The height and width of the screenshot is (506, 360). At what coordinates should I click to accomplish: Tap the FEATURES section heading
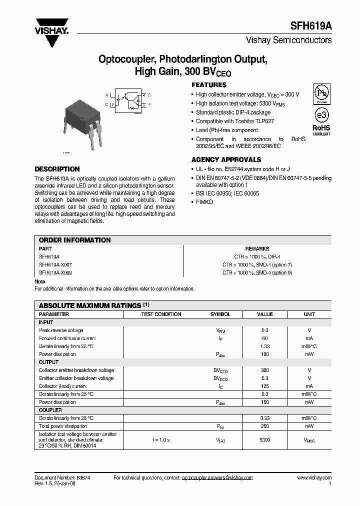point(209,85)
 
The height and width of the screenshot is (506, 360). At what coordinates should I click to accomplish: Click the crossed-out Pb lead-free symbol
point(321,94)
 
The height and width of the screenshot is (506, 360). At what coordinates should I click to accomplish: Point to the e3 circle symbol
point(321,115)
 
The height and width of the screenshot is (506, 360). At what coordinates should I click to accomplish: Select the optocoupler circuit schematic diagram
point(131,99)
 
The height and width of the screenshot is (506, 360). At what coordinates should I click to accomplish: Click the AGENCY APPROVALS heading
point(226,160)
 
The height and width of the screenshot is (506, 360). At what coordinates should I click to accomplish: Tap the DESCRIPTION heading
point(57,169)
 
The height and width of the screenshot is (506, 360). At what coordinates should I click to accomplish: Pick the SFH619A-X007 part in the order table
point(55,264)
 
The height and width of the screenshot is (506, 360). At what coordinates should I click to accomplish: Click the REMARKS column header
point(257,248)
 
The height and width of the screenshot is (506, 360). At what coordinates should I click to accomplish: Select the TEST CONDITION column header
point(161,314)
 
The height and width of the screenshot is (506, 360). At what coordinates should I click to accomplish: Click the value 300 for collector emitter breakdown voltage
point(265,370)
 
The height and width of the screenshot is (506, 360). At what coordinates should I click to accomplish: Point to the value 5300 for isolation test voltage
point(265,440)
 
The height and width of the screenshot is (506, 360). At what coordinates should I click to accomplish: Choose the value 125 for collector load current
point(265,386)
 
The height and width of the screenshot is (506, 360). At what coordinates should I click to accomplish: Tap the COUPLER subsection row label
point(50,410)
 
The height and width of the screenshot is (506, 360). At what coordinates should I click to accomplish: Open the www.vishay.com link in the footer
point(314,478)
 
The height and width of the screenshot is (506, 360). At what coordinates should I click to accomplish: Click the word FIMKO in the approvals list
point(204,202)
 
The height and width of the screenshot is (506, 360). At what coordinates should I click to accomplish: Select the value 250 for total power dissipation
point(265,426)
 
